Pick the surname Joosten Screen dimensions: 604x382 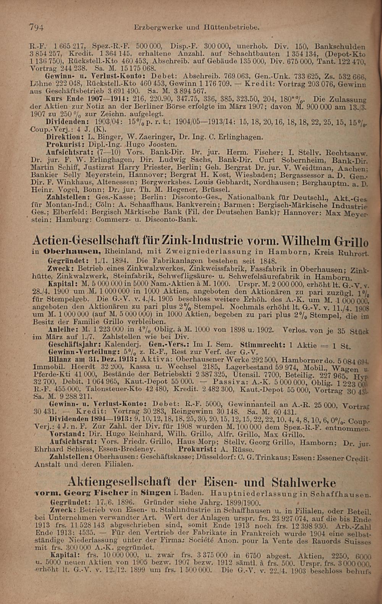[162, 144]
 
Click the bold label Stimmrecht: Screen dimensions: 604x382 [263, 345]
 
